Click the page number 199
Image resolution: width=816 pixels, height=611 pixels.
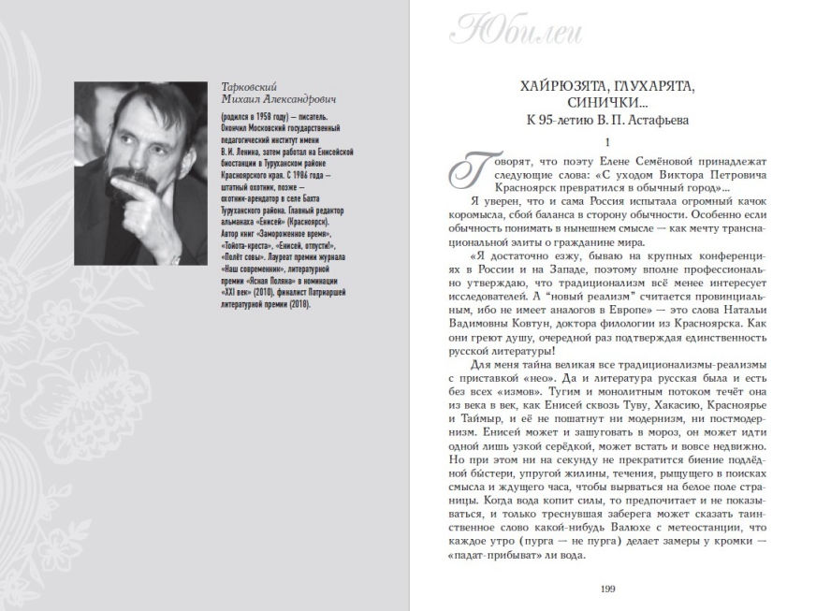coord(607,587)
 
